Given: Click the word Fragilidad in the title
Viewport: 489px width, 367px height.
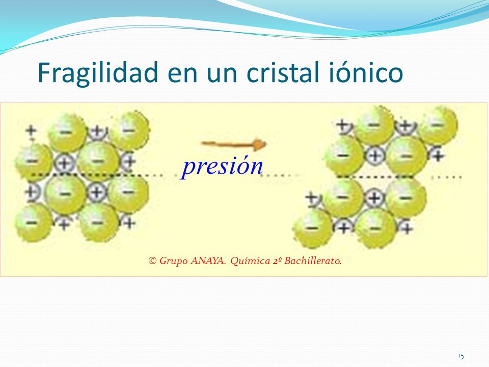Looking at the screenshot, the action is click(98, 73).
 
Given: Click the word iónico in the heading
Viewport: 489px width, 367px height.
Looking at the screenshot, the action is click(366, 72).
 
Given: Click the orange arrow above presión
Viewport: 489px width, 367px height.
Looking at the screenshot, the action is click(234, 144).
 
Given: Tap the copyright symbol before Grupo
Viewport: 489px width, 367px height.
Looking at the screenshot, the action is click(152, 260).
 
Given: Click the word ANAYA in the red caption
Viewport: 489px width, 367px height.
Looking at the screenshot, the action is click(208, 260).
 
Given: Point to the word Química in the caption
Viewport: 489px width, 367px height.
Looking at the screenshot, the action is click(250, 260).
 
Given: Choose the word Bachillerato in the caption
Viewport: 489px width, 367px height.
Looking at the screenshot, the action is click(313, 260).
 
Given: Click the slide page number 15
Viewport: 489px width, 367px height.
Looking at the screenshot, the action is click(460, 355).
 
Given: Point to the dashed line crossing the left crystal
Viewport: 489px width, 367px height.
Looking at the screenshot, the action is click(97, 175).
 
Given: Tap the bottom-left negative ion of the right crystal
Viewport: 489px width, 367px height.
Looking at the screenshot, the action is click(312, 228).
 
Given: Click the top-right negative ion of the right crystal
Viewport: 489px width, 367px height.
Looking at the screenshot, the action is click(437, 125).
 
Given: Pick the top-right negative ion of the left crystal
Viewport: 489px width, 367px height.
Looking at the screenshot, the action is click(129, 130).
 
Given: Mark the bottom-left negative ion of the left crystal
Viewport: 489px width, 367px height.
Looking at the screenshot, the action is click(33, 223).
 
